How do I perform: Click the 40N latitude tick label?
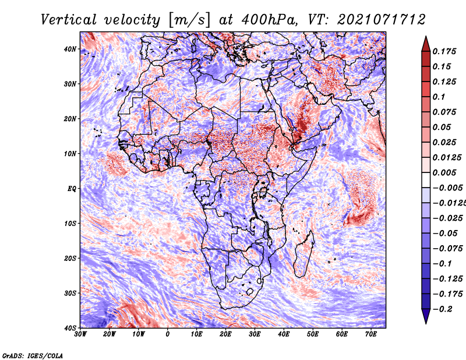(x=70, y=49)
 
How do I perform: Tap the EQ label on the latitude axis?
(x=72, y=189)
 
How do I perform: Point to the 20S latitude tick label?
(x=70, y=258)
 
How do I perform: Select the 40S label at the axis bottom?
(x=70, y=328)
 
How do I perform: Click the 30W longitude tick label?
(x=80, y=334)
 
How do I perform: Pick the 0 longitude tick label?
(x=168, y=334)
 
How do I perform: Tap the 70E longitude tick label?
(x=370, y=334)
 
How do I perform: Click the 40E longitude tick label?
(x=284, y=334)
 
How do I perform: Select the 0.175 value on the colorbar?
(x=444, y=51)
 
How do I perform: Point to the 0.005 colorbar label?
(x=444, y=172)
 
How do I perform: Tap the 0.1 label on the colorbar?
(x=439, y=97)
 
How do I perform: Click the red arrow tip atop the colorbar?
(x=426, y=37)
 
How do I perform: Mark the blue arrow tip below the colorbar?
(x=426, y=323)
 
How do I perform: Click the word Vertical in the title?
(x=69, y=20)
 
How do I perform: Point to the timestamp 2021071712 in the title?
(x=381, y=20)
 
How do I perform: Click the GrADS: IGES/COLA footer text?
(x=33, y=355)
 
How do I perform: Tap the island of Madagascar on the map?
(x=303, y=254)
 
